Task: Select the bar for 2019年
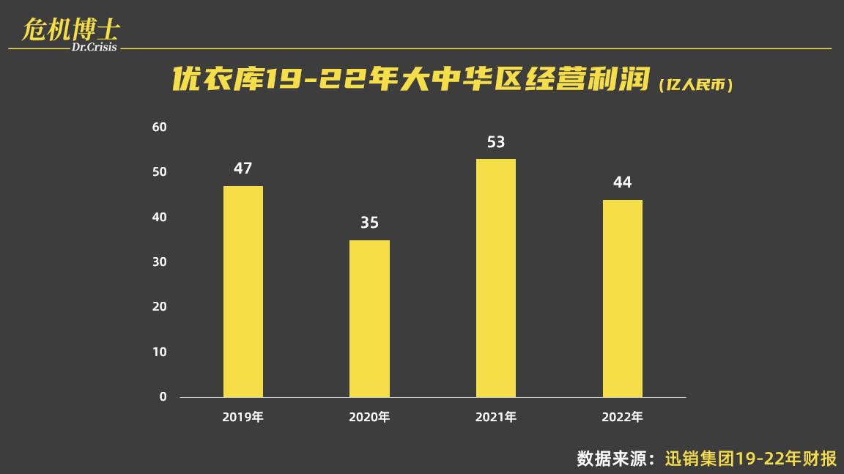(x=243, y=292)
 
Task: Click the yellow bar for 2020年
(x=369, y=319)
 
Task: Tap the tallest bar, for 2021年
(x=496, y=278)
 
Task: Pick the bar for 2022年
(x=622, y=298)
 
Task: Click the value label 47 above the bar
(x=243, y=169)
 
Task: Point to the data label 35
(x=369, y=223)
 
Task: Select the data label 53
(x=496, y=141)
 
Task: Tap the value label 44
(x=622, y=182)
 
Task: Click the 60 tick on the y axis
(x=159, y=127)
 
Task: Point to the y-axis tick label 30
(x=159, y=262)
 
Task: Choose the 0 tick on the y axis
(x=163, y=396)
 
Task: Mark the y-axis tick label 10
(x=159, y=352)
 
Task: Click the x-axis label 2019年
(x=243, y=418)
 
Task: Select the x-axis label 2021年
(x=496, y=418)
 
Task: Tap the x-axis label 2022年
(x=622, y=418)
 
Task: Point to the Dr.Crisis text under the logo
(x=95, y=48)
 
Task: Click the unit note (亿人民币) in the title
(x=695, y=85)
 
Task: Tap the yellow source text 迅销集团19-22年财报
(x=751, y=459)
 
